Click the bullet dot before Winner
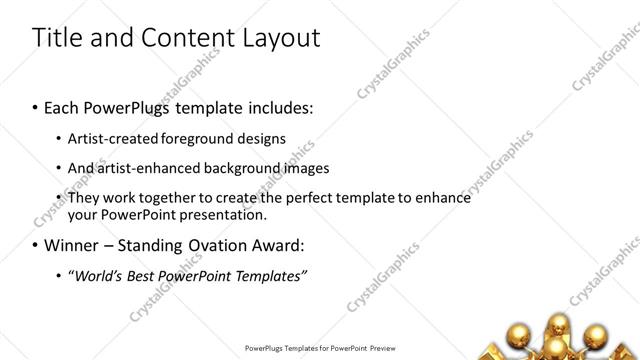(x=36, y=245)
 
